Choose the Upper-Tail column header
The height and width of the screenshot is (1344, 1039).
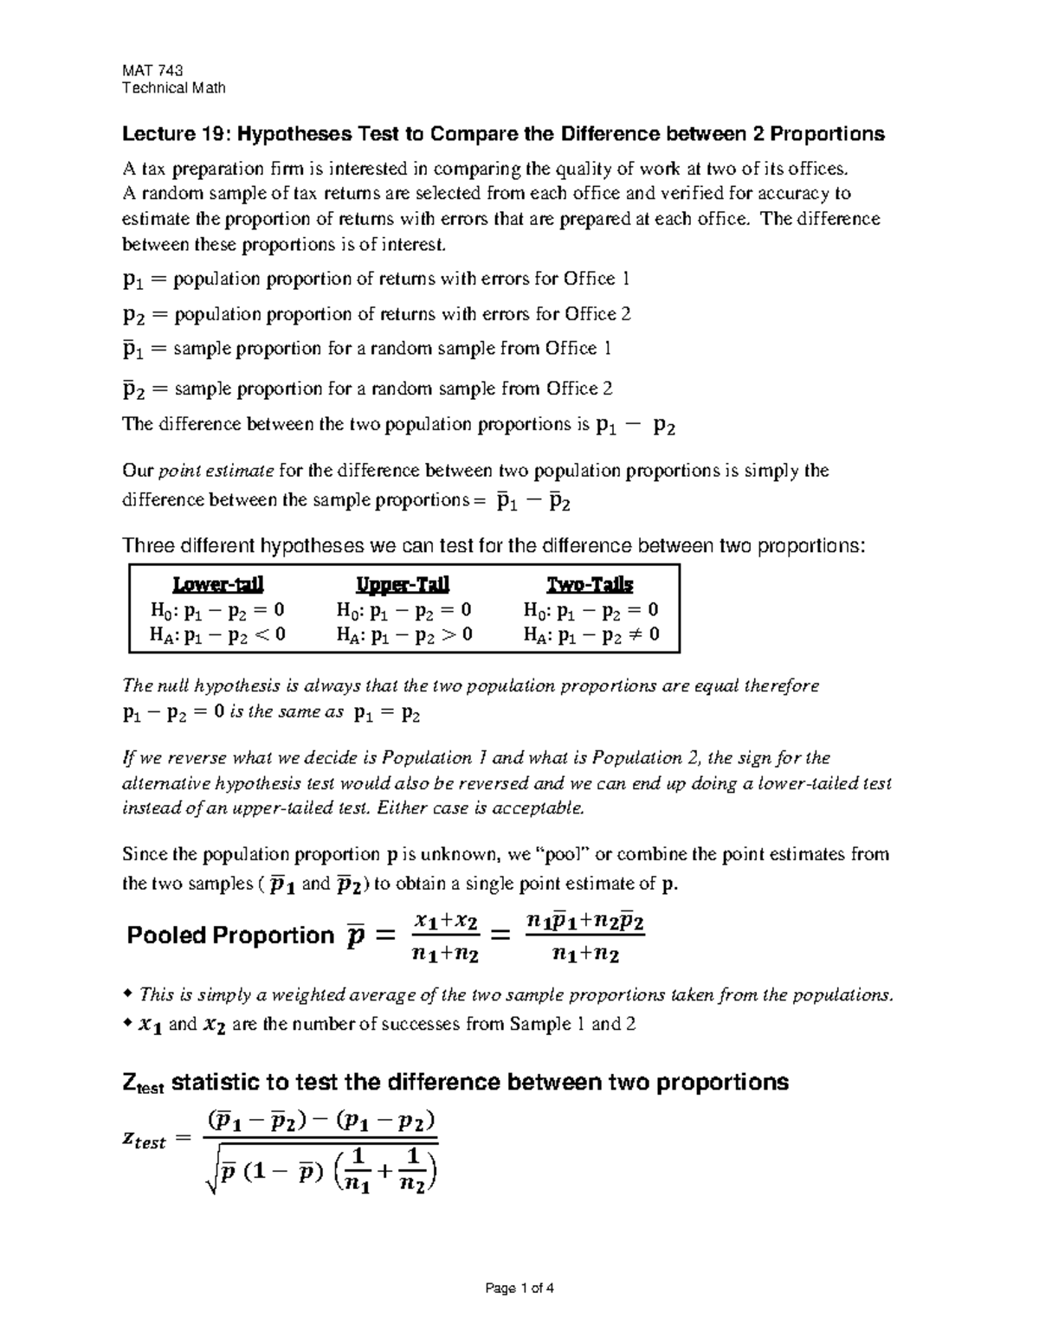(x=403, y=584)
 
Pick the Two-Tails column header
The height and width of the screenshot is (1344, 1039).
(x=590, y=584)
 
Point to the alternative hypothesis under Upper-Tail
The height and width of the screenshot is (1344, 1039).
(x=403, y=634)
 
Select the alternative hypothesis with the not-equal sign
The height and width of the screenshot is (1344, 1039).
(x=590, y=634)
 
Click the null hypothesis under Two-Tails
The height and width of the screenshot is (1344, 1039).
(x=590, y=610)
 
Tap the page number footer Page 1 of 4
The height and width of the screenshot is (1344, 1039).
(x=519, y=1288)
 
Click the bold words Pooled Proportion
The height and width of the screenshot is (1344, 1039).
(x=229, y=936)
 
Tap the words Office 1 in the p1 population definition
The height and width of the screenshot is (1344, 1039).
(x=597, y=279)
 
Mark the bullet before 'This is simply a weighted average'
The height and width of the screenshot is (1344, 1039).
(x=128, y=994)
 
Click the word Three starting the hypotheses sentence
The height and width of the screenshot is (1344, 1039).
(x=148, y=546)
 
